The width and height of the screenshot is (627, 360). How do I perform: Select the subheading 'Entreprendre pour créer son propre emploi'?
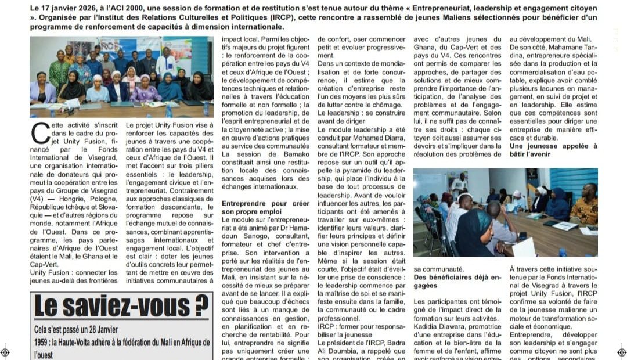tap(265, 208)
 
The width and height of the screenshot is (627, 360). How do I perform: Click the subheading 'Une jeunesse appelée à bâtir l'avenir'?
tap(553, 151)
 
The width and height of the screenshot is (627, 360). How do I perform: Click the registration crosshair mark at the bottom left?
tap(5, 351)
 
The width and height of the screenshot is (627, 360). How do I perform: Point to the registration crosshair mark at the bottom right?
tap(622, 351)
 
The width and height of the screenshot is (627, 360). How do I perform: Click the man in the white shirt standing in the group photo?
tap(165, 62)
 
